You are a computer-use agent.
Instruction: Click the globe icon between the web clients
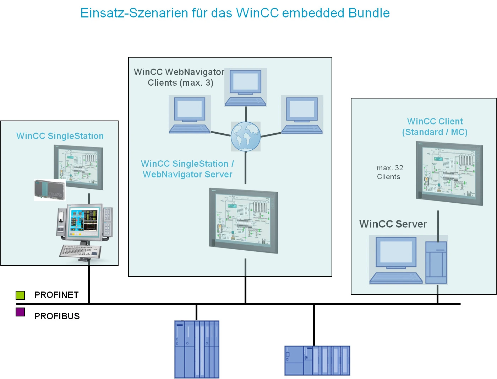[x=246, y=137]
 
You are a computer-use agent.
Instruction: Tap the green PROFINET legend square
[x=20, y=295]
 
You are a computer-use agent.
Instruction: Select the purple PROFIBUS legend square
[x=20, y=312]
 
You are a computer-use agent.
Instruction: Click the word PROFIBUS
[x=57, y=316]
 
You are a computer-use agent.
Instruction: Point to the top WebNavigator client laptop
[x=246, y=87]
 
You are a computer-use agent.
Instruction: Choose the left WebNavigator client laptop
[x=190, y=114]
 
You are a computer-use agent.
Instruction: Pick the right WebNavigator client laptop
[x=302, y=114]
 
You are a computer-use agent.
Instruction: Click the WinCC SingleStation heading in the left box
[x=60, y=136]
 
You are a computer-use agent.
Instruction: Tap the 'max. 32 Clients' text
[x=390, y=172]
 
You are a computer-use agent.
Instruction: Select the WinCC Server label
[x=393, y=224]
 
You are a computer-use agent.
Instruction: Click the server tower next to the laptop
[x=436, y=262]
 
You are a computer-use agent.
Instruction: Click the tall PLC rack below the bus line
[x=197, y=349]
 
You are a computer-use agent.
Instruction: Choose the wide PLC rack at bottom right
[x=317, y=361]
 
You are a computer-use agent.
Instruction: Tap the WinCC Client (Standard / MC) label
[x=435, y=127]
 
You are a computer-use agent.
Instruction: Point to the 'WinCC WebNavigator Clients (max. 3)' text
[x=179, y=77]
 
